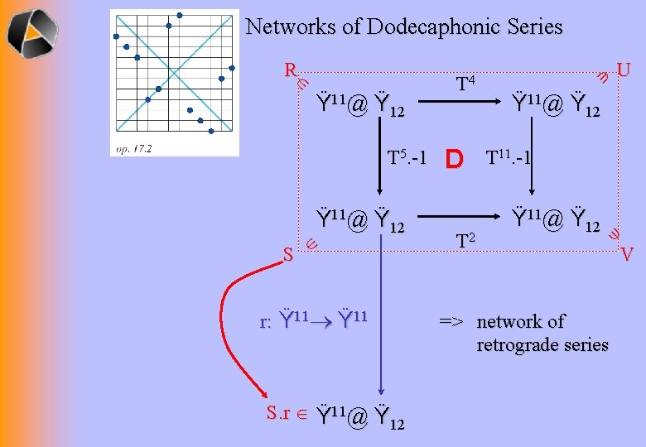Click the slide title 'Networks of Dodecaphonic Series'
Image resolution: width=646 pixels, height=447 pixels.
pyautogui.click(x=404, y=26)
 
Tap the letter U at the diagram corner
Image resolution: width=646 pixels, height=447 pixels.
pyautogui.click(x=624, y=69)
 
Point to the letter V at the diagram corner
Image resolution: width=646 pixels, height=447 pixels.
pyautogui.click(x=627, y=253)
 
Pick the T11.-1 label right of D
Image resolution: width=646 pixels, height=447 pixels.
pyautogui.click(x=508, y=158)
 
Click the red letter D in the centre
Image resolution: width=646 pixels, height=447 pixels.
pyautogui.click(x=454, y=158)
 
